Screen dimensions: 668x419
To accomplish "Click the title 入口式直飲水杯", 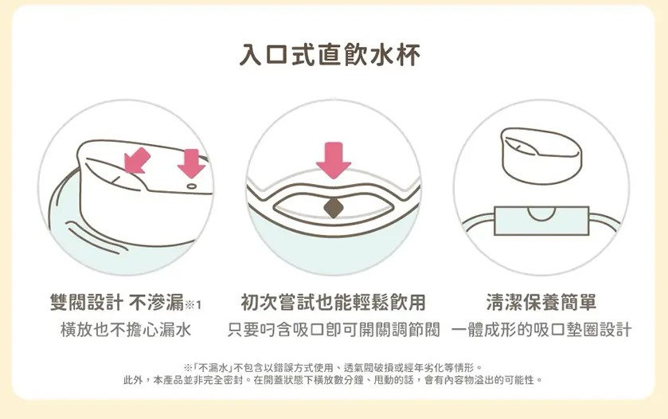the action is [330, 55].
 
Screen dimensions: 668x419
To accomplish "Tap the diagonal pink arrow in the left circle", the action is [137, 161].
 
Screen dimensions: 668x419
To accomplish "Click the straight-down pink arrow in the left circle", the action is [191, 163].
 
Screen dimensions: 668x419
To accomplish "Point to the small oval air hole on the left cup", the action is [192, 186].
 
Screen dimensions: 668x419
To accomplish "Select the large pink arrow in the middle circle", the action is [334, 160].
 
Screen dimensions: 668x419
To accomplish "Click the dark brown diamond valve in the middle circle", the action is [334, 208].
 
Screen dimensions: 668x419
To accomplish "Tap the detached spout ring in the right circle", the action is [542, 156].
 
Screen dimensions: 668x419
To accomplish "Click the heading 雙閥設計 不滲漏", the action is [117, 303].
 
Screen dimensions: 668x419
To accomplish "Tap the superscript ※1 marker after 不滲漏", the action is [193, 304].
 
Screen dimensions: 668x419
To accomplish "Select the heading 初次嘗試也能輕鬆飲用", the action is [333, 303].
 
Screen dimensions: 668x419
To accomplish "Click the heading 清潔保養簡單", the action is [541, 302].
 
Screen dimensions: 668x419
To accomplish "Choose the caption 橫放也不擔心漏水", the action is [126, 330].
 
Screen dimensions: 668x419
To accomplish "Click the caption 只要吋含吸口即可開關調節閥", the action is [333, 330].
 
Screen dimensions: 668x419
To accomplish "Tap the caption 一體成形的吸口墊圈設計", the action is [541, 330].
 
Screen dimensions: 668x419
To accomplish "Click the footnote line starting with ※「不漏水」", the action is [333, 367].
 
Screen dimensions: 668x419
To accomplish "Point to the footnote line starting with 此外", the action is [333, 380].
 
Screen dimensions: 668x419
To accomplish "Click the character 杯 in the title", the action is [408, 55].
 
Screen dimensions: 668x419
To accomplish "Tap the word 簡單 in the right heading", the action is [579, 302].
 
